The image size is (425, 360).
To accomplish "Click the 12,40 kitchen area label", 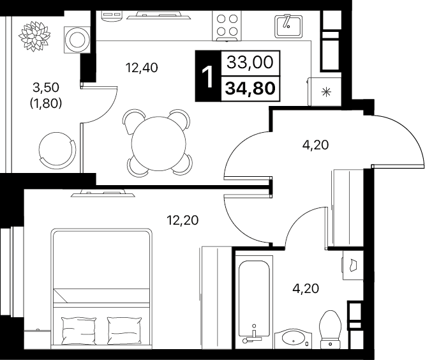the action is pos(142,68).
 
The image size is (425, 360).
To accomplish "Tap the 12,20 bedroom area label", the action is pos(183,220).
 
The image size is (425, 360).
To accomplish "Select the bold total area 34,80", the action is pos(250,89).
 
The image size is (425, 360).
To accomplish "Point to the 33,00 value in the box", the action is pos(250,63).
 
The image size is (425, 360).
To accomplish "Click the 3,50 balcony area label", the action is pos(46,87).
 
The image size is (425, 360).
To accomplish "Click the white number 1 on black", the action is pos(208,78).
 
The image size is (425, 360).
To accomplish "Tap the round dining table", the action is pos(159,144).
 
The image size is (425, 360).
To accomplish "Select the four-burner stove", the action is pos(227,26).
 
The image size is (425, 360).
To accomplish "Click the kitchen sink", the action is pos(288,26).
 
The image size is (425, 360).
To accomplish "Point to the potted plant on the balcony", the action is pos(34,36).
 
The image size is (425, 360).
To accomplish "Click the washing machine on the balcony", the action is pos(77,40).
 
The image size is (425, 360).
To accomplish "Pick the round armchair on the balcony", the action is pos(57,149).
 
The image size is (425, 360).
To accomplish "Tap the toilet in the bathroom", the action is pos(331,329).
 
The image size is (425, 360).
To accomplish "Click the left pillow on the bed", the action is pos(78,331).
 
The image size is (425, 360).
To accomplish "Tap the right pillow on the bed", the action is pos(124,331).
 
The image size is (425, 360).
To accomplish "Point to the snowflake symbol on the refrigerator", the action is pos(326,92).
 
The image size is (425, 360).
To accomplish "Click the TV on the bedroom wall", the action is pos(103,193).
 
